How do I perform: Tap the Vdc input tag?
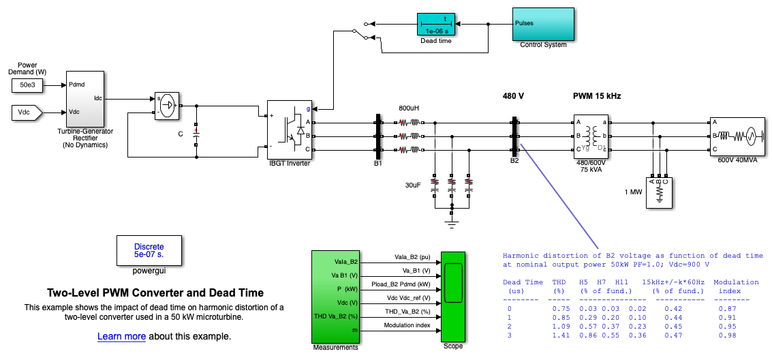[x=27, y=111]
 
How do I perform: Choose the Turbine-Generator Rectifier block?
[x=85, y=98]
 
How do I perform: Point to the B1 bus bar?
[x=377, y=135]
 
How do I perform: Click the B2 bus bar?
[x=514, y=135]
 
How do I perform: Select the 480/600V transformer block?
[x=591, y=135]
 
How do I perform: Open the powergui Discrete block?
[x=149, y=250]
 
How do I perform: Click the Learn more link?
[x=121, y=336]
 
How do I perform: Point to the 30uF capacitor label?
[x=414, y=184]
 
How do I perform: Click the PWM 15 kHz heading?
[x=596, y=96]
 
